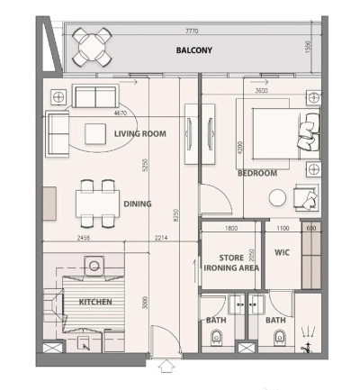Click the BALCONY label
point(193,50)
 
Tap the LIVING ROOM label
point(140,134)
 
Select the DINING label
point(138,204)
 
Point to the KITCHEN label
point(94,302)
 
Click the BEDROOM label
point(256,173)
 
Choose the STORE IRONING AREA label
point(232,261)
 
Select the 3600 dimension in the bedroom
point(262,91)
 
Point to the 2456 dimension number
point(82,238)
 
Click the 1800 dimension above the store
point(231,229)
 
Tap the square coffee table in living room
point(96,134)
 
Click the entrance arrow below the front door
point(165,367)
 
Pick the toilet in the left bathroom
point(216,338)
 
